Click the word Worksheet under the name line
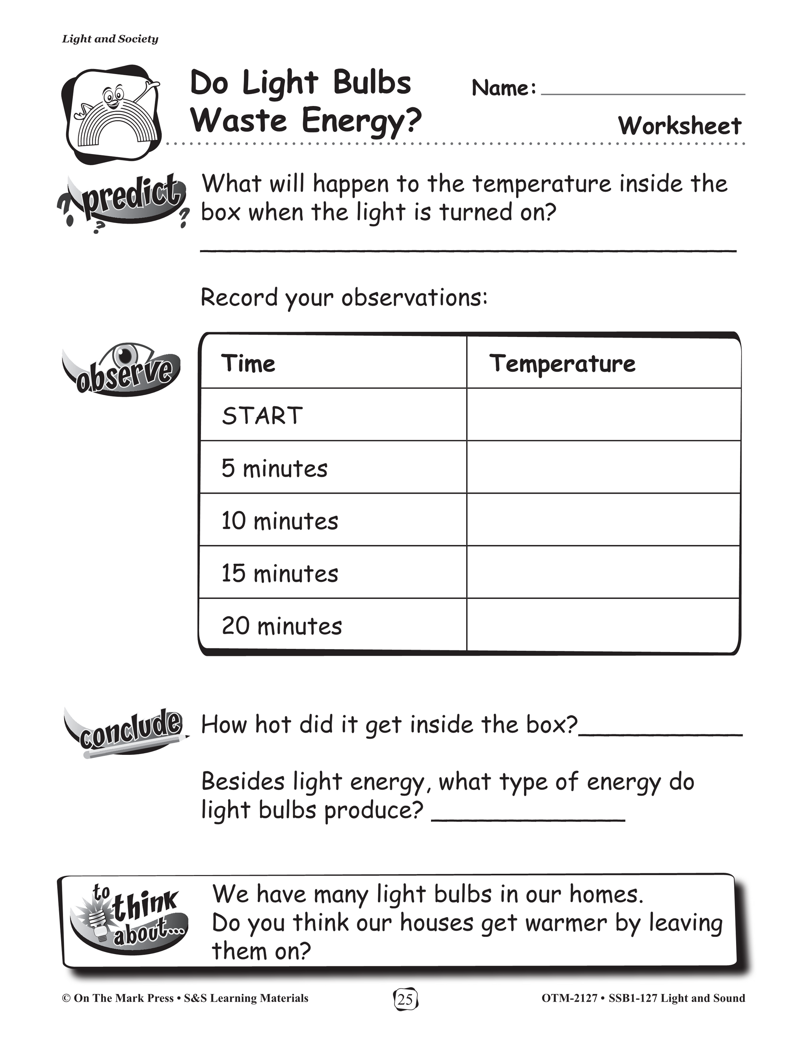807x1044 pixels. click(x=679, y=126)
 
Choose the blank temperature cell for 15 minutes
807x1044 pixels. click(x=603, y=572)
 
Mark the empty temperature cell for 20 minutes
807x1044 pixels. click(x=603, y=625)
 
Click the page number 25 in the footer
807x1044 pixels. click(x=405, y=999)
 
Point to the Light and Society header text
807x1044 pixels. click(x=110, y=39)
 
